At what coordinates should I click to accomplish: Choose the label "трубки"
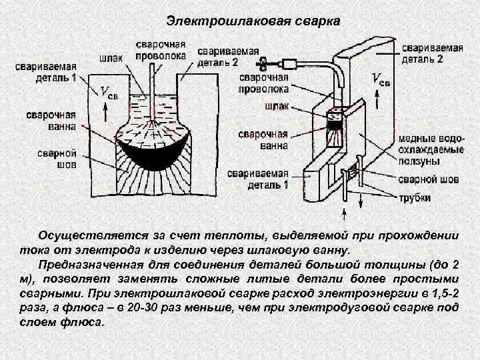coord(414,198)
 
